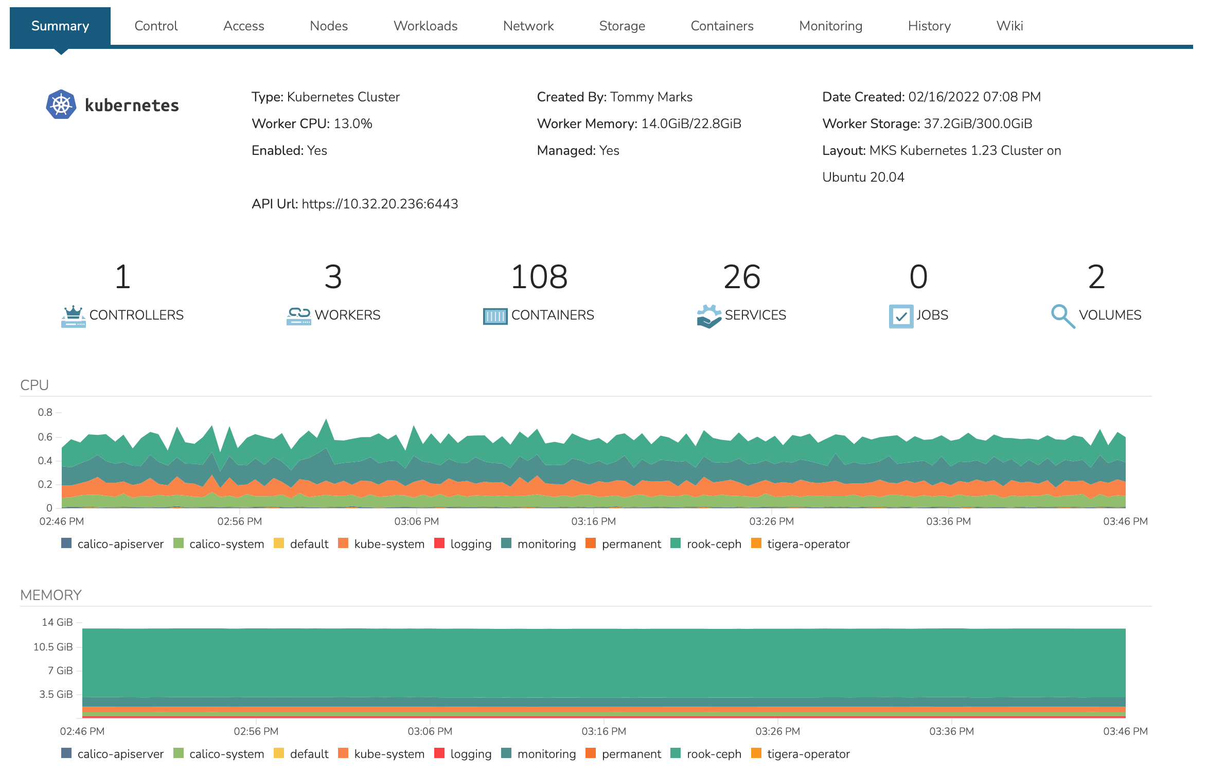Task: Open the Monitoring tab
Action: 830,26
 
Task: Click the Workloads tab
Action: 425,26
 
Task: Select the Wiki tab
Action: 1009,26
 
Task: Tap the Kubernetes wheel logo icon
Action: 61,104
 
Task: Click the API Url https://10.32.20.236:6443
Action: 380,204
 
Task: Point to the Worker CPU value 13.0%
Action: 353,124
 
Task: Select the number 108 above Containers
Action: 539,277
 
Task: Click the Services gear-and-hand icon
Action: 709,316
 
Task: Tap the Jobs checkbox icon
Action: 901,316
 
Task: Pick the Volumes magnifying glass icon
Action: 1062,316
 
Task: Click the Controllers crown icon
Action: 74,316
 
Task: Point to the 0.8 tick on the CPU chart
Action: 45,412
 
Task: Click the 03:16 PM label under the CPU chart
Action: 593,521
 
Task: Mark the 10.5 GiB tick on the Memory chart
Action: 53,647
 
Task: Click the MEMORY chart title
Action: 51,595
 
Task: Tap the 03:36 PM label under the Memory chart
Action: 951,731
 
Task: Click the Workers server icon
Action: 298,316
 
